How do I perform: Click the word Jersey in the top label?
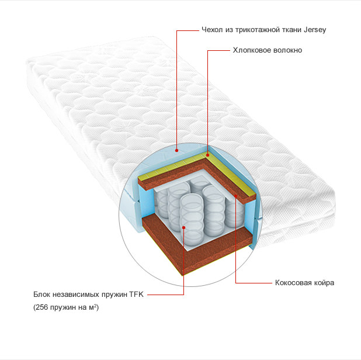pos(314,30)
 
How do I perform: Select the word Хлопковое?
pos(248,50)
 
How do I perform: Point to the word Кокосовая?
pos(291,283)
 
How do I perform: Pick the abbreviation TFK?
pos(136,295)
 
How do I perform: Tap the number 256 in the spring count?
pos(41,307)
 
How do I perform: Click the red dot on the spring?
pos(184,227)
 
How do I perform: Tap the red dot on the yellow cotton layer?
pos(208,155)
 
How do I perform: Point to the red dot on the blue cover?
pos(176,150)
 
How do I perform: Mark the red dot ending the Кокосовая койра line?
pos(236,196)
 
